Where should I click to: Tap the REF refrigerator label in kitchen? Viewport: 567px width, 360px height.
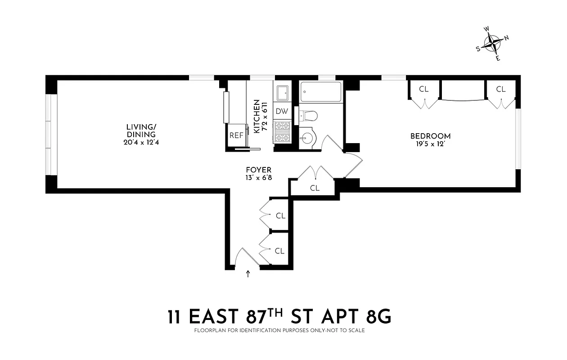[236, 135]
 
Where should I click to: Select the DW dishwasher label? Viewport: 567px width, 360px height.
[282, 111]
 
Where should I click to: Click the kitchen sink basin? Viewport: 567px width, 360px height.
[283, 94]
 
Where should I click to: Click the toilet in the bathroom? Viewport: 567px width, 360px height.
[309, 116]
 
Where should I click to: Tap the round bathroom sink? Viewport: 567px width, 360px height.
[308, 136]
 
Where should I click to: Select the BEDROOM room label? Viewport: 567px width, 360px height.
[430, 136]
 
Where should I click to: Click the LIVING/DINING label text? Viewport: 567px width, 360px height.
[141, 130]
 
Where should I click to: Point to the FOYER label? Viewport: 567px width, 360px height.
[258, 170]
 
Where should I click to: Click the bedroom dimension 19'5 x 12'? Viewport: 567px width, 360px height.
[430, 144]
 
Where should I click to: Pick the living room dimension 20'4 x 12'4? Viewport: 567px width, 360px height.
[141, 143]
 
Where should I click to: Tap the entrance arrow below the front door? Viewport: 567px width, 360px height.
[247, 274]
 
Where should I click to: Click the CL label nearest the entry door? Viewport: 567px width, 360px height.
[279, 251]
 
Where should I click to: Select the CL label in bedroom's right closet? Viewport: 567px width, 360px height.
[501, 89]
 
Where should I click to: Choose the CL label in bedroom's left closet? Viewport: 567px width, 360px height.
[424, 89]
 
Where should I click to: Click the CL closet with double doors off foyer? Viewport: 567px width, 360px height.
[315, 188]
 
